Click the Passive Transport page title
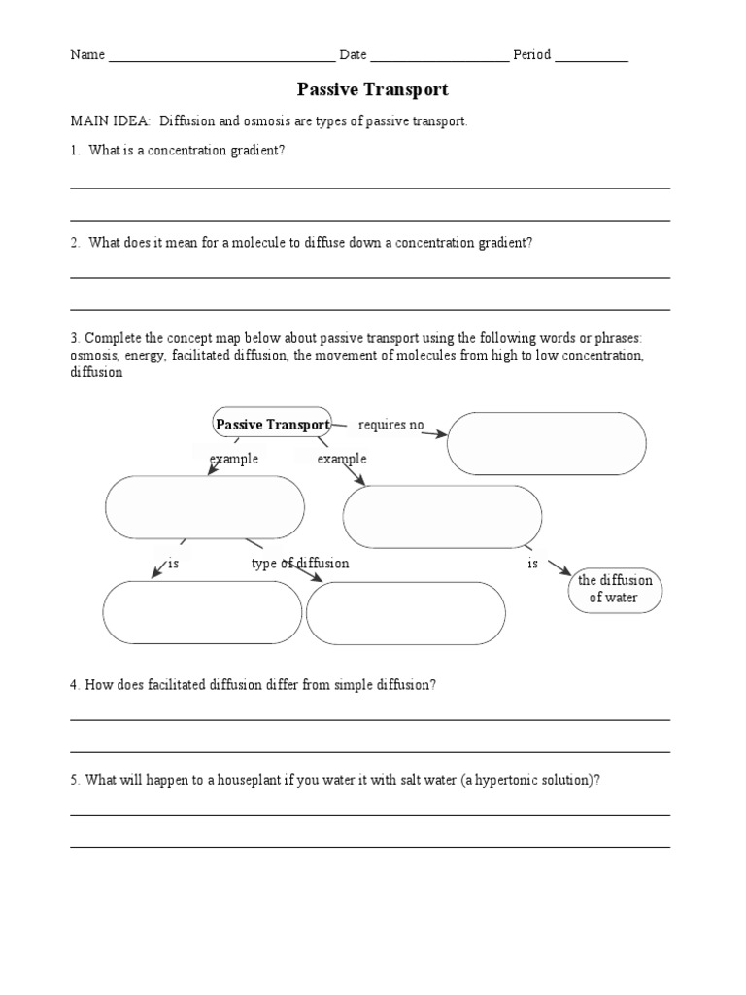click(372, 89)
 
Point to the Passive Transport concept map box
click(272, 424)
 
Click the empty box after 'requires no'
click(546, 443)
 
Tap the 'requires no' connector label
click(391, 425)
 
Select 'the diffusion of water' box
click(615, 589)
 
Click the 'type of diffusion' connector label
click(300, 564)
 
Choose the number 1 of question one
click(74, 152)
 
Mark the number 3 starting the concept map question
click(74, 338)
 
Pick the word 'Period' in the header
click(531, 55)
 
